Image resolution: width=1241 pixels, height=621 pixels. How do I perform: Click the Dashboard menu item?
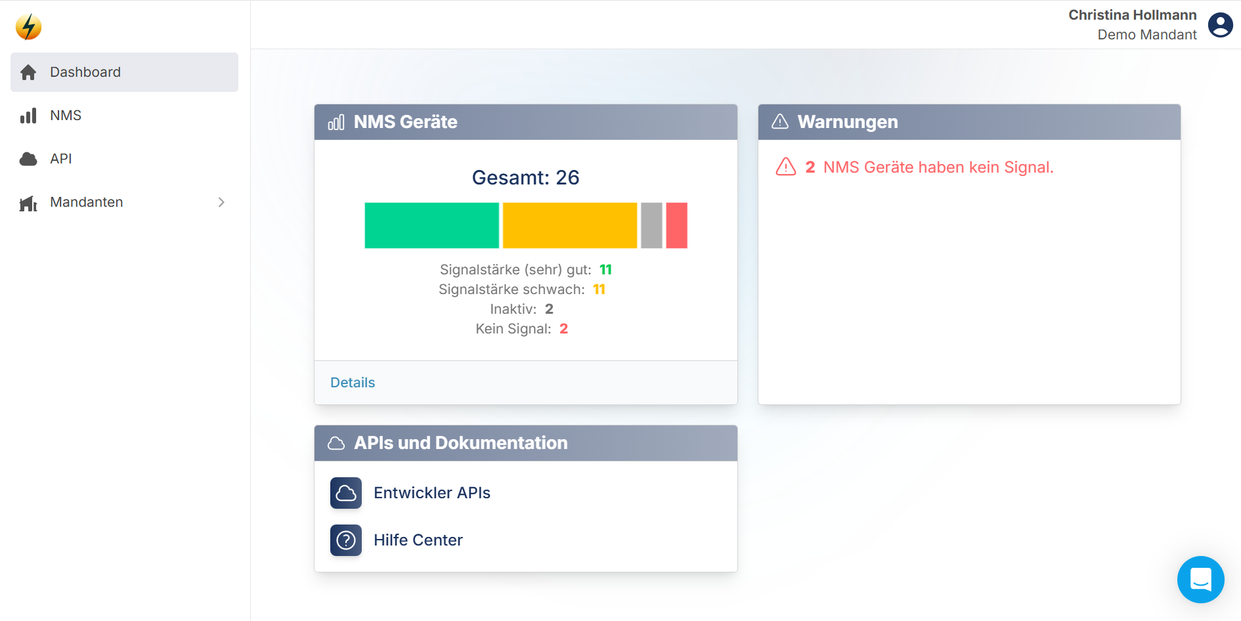point(85,72)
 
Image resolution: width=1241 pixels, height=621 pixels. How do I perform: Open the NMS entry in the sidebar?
point(66,116)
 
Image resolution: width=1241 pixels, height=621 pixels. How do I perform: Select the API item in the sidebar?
point(61,159)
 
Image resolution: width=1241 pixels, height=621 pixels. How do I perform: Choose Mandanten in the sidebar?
point(86,202)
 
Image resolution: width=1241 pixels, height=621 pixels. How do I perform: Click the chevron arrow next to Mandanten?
point(221,202)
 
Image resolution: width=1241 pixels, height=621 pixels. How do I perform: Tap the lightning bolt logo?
point(28,27)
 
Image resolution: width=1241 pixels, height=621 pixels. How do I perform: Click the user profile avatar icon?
point(1220,26)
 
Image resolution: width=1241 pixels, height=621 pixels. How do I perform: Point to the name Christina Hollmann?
point(1132,15)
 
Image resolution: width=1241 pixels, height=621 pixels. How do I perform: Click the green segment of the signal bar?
point(431,225)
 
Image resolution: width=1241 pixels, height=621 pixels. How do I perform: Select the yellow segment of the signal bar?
point(569,225)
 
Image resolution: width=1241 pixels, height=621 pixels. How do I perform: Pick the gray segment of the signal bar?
point(651,225)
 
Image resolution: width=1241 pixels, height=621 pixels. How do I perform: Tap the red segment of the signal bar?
point(676,225)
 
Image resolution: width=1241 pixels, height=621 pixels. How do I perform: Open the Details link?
point(353,383)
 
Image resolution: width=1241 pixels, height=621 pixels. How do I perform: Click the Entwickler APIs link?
point(431,493)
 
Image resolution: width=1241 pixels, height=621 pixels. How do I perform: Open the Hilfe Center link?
point(418,540)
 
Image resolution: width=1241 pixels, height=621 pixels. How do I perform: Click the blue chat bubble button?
point(1200,580)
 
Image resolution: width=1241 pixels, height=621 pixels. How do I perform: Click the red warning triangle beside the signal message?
point(785,167)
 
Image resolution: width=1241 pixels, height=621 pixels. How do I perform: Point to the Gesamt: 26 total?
point(525,177)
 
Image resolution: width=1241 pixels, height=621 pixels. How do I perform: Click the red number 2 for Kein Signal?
point(563,329)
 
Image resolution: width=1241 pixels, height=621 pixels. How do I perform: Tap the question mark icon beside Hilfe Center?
point(346,540)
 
